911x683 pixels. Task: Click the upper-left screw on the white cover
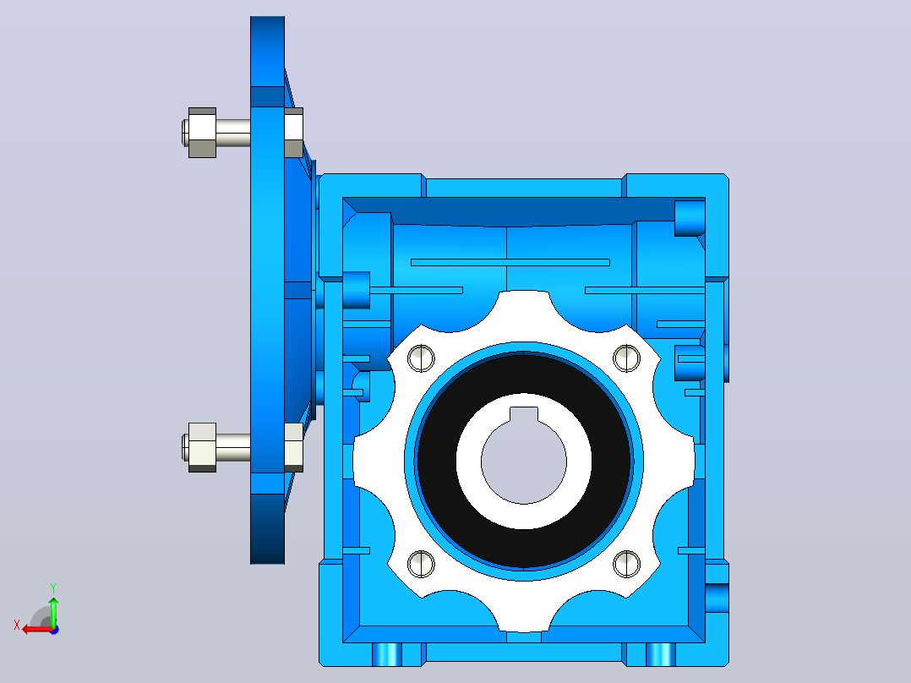[421, 358]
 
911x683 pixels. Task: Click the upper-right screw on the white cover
[627, 358]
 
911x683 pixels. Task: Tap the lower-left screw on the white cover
[421, 564]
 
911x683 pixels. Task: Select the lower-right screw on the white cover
[627, 564]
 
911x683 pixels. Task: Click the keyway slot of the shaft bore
[524, 414]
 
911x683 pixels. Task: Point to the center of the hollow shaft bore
[524, 461]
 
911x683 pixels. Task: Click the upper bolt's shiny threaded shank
[233, 133]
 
